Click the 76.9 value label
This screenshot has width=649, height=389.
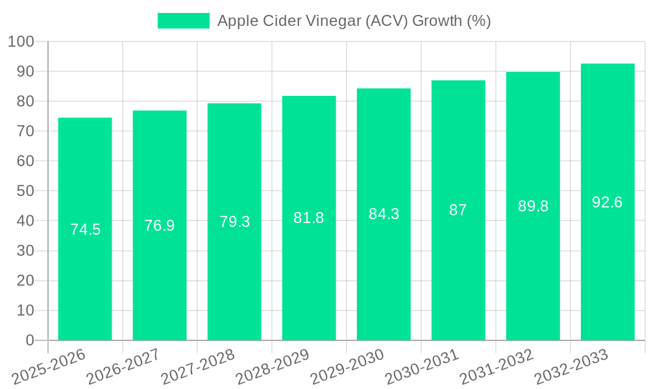[160, 226]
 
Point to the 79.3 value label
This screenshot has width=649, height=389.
[234, 222]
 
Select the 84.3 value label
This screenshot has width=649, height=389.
[384, 214]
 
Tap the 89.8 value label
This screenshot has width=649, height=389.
[533, 206]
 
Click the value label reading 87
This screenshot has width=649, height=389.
[458, 210]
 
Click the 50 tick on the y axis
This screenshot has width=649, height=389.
[25, 191]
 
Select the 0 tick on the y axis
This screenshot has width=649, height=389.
[30, 340]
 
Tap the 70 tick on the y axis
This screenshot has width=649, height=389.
[25, 132]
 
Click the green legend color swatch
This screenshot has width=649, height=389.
[184, 21]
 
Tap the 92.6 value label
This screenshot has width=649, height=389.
[607, 202]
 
